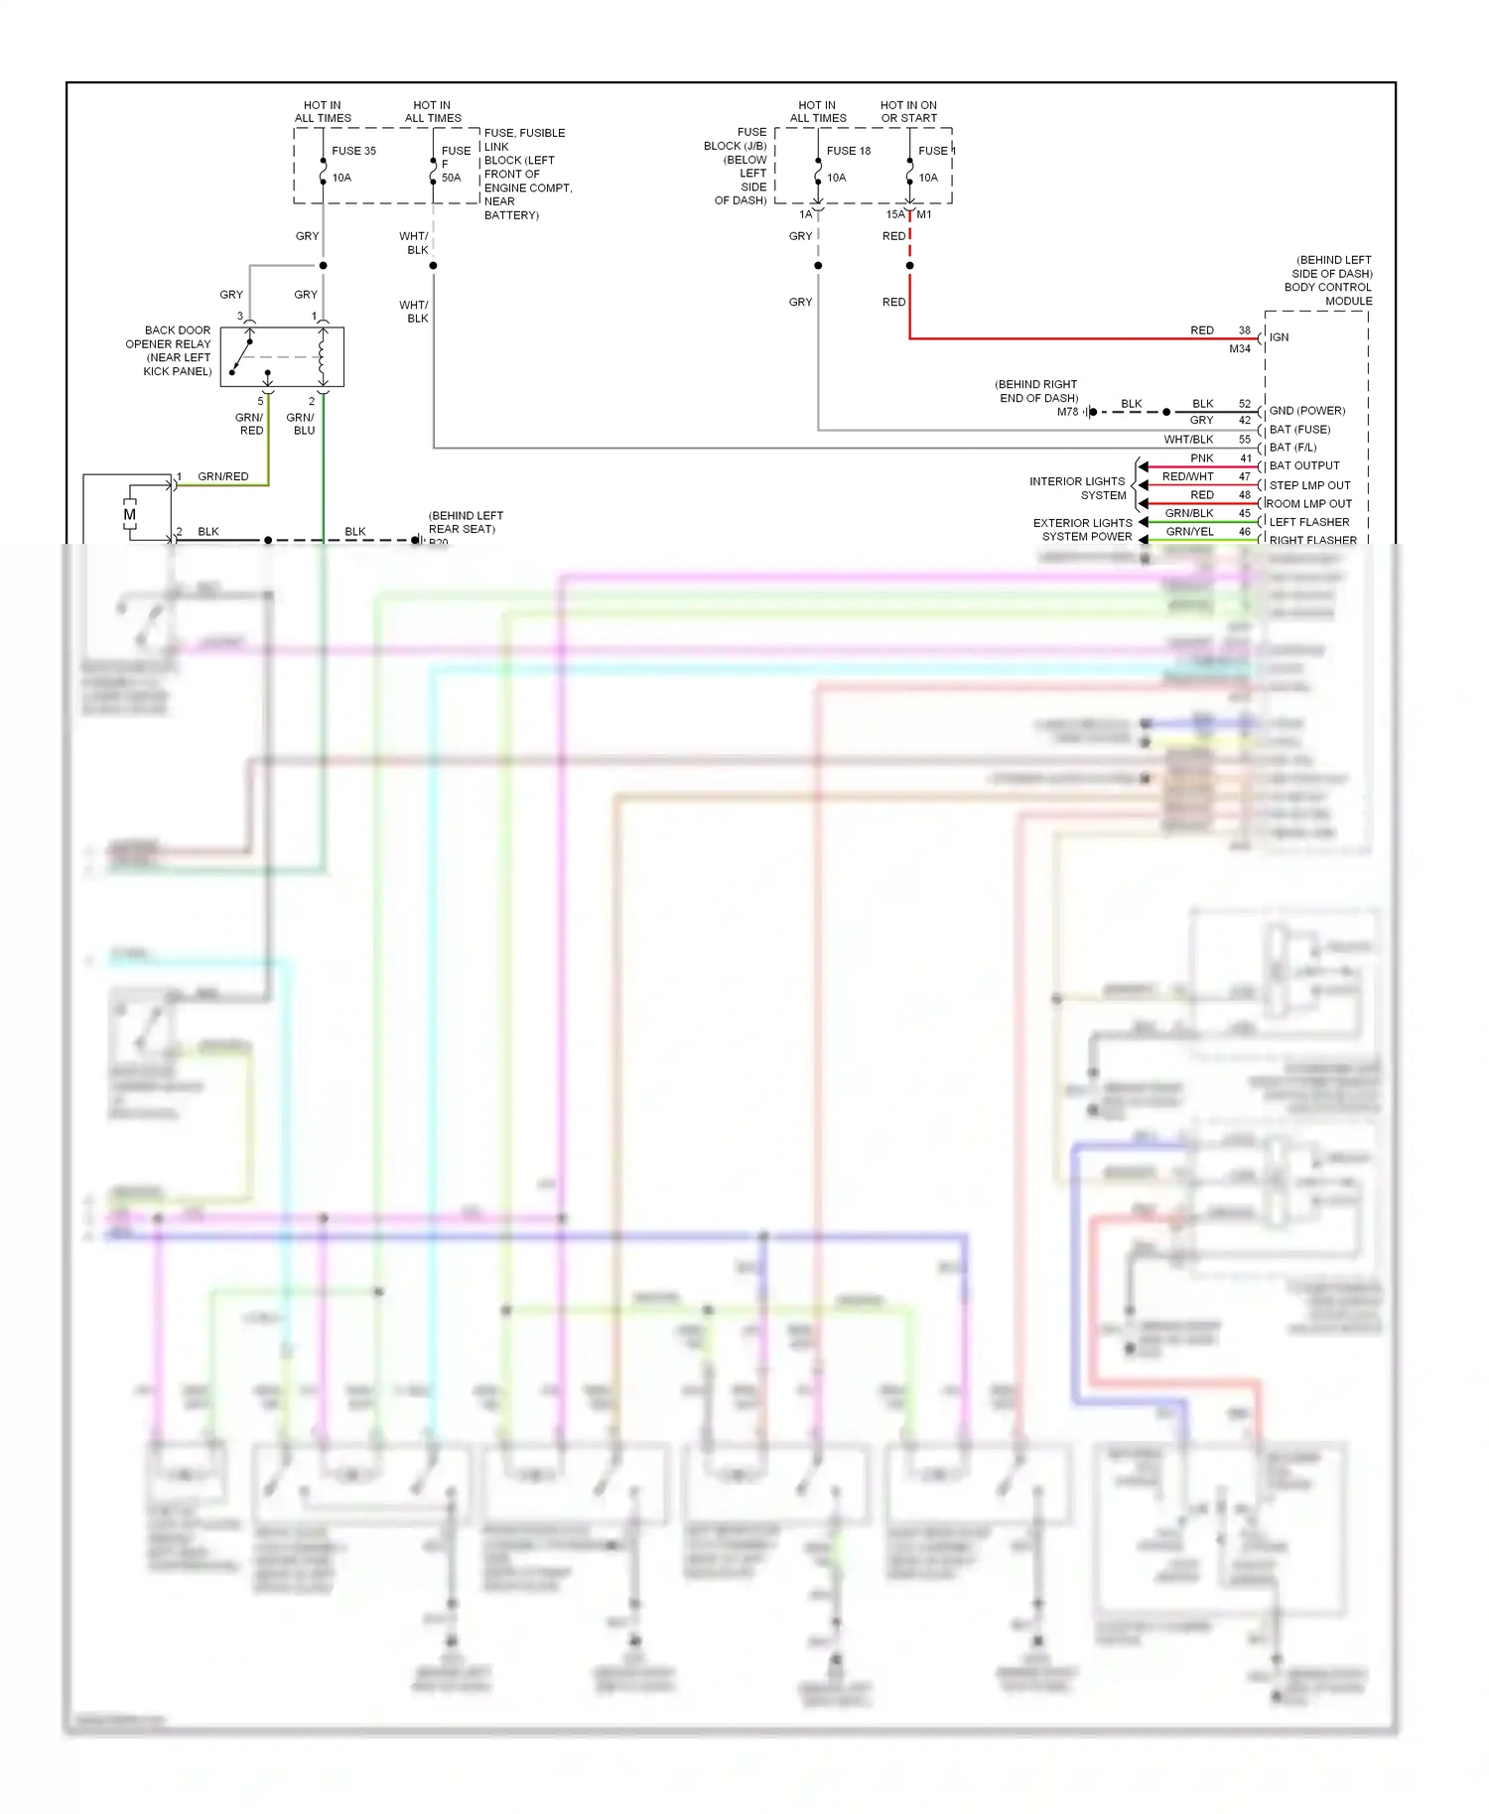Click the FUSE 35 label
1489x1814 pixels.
pyautogui.click(x=353, y=151)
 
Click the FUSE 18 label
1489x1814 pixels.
pyautogui.click(x=848, y=151)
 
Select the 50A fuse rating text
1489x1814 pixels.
pyautogui.click(x=451, y=178)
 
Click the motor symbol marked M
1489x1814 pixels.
pyautogui.click(x=129, y=514)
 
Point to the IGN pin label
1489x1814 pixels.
pyautogui.click(x=1279, y=337)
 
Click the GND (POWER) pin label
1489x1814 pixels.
pyautogui.click(x=1306, y=411)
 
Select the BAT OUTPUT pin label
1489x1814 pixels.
pyautogui.click(x=1303, y=465)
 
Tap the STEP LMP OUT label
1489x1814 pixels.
pyautogui.click(x=1309, y=485)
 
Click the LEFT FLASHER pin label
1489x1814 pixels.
pyautogui.click(x=1308, y=522)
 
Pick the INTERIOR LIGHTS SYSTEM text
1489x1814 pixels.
pyautogui.click(x=1077, y=488)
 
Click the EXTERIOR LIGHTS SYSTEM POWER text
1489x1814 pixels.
pyautogui.click(x=1083, y=530)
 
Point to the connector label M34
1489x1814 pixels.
pyautogui.click(x=1239, y=349)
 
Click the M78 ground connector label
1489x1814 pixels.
pyautogui.click(x=1067, y=412)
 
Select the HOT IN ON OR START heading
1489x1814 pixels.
pyautogui.click(x=908, y=111)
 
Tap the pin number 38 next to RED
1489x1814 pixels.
pyautogui.click(x=1244, y=330)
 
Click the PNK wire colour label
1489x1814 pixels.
pyautogui.click(x=1201, y=458)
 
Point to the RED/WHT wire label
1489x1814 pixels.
pyautogui.click(x=1187, y=476)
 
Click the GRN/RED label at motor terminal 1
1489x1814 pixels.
pyautogui.click(x=222, y=476)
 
